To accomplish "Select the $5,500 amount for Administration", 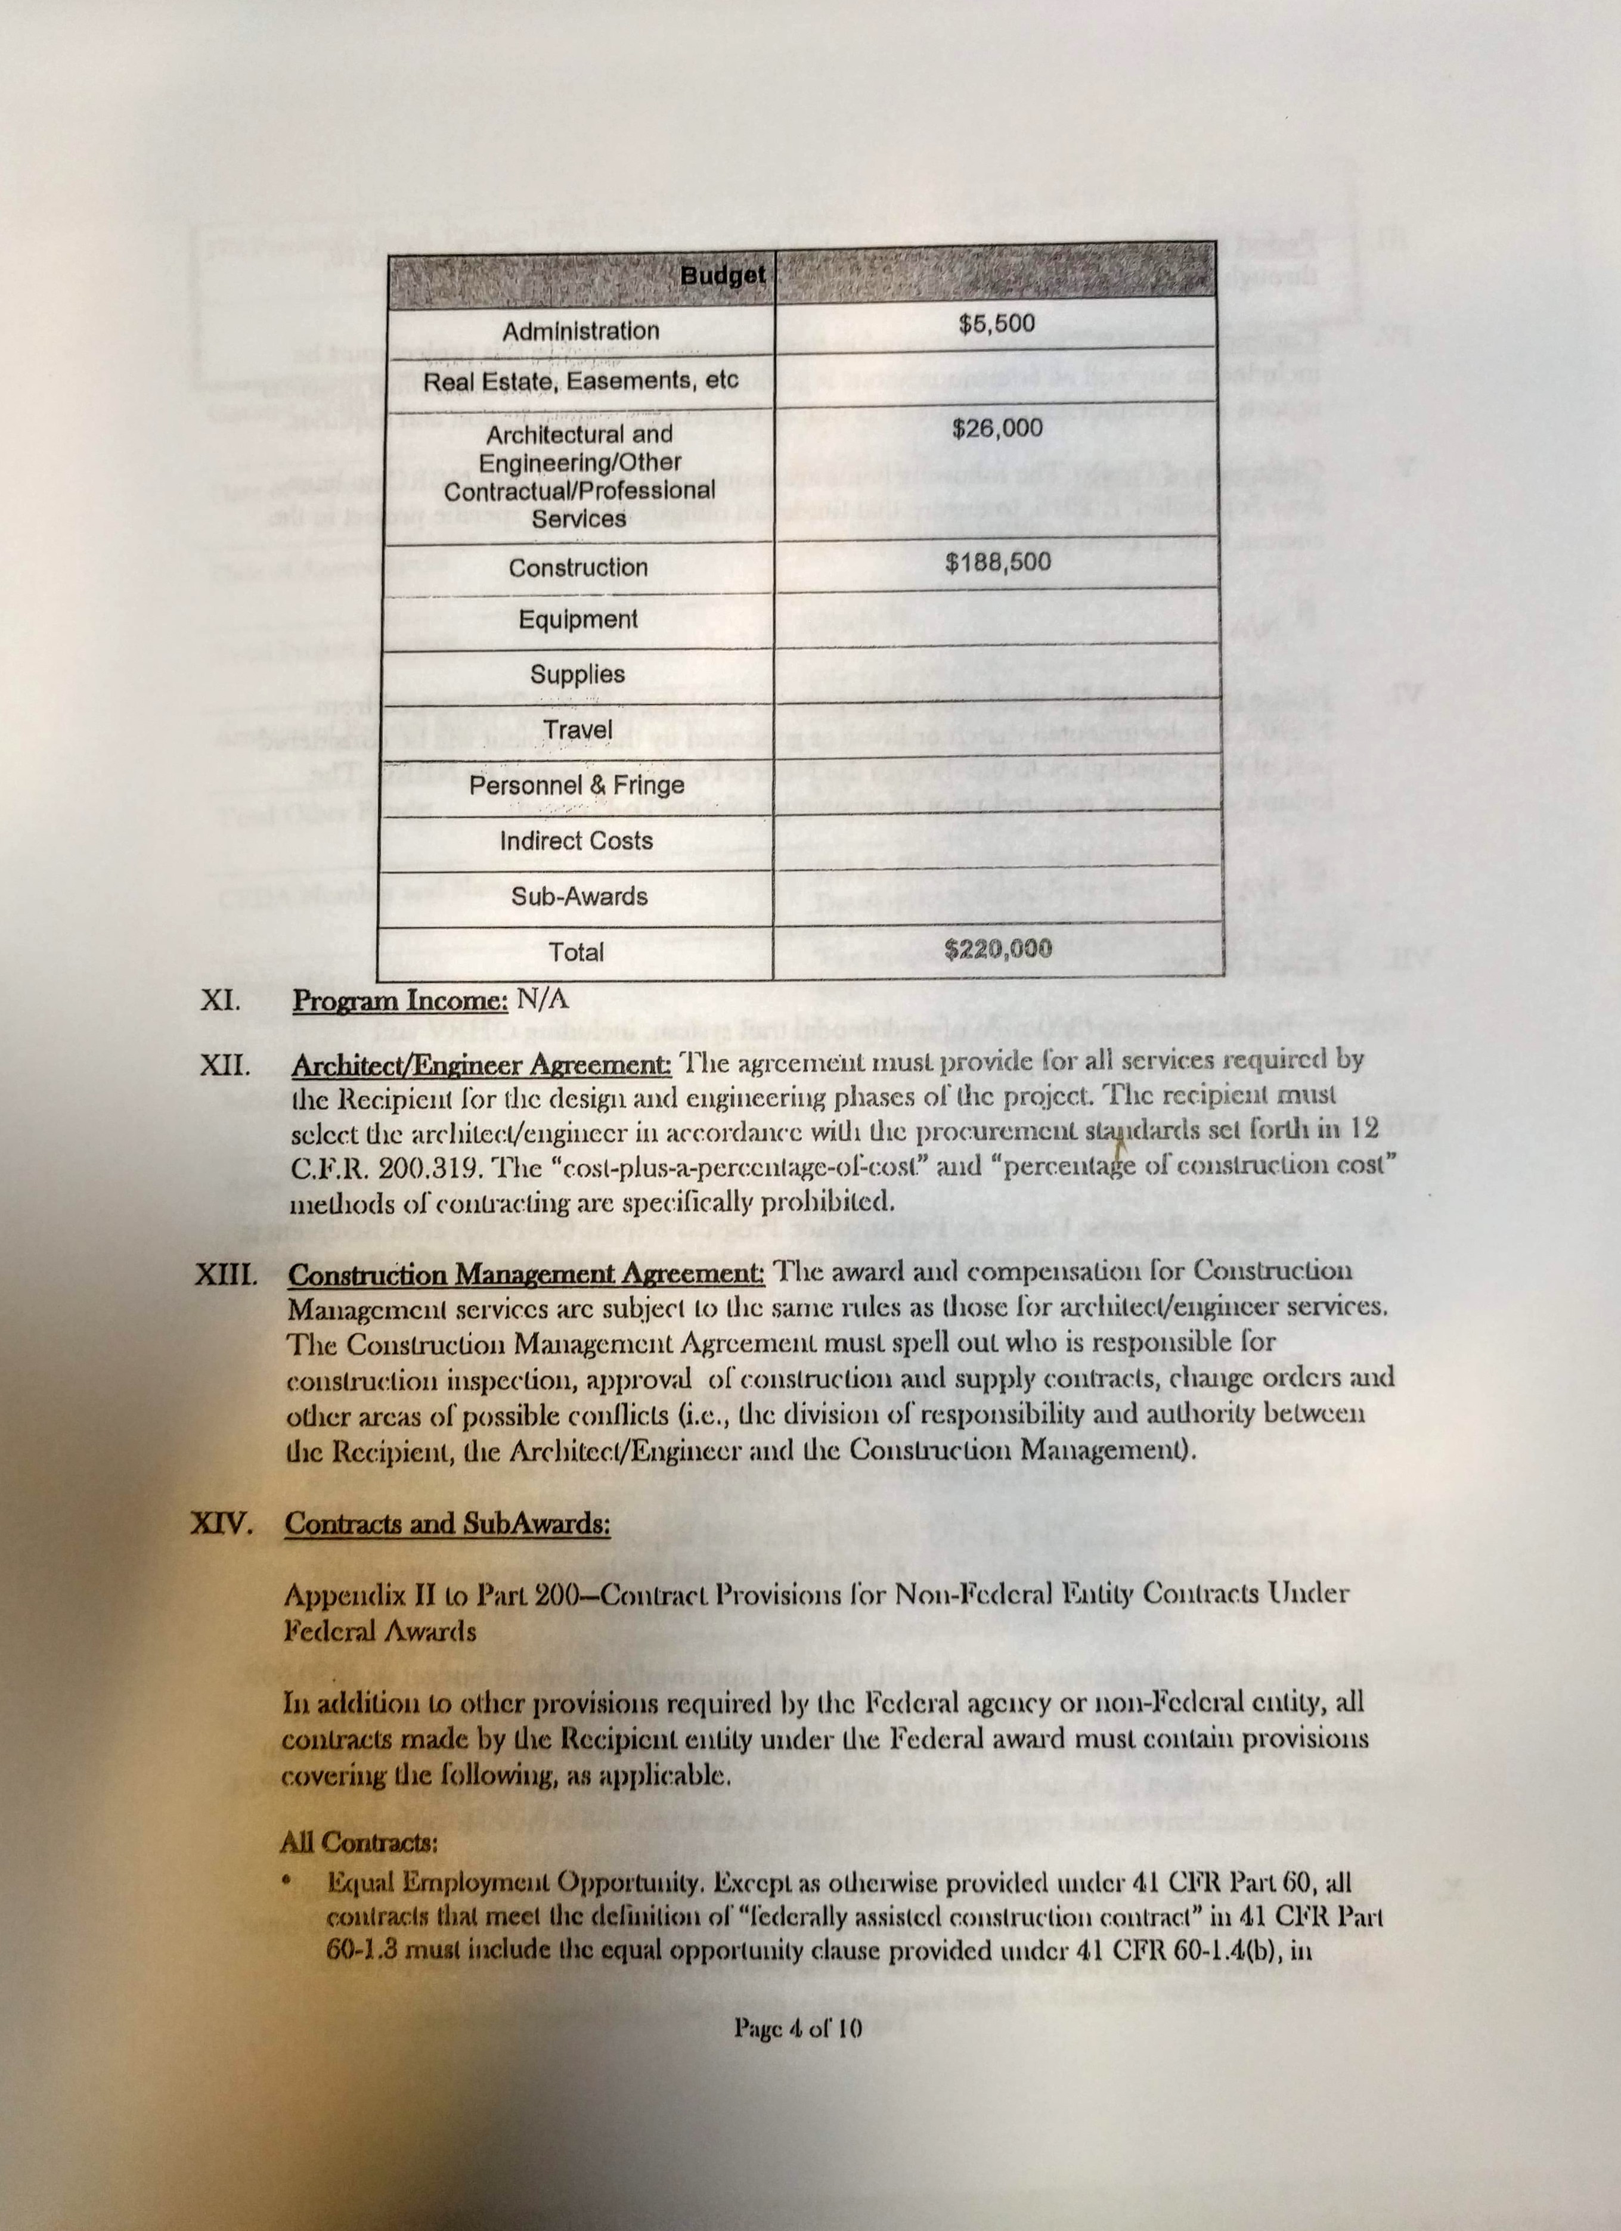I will (x=997, y=322).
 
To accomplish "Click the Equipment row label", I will (x=578, y=620).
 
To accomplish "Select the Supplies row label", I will (x=578, y=675).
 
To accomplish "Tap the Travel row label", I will (x=578, y=730).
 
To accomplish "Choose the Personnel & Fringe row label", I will (x=577, y=785).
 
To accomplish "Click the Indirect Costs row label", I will (x=577, y=841).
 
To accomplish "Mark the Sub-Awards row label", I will (x=579, y=896).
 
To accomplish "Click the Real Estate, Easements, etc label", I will (x=579, y=380).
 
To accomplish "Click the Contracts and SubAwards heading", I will (x=448, y=1523).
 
